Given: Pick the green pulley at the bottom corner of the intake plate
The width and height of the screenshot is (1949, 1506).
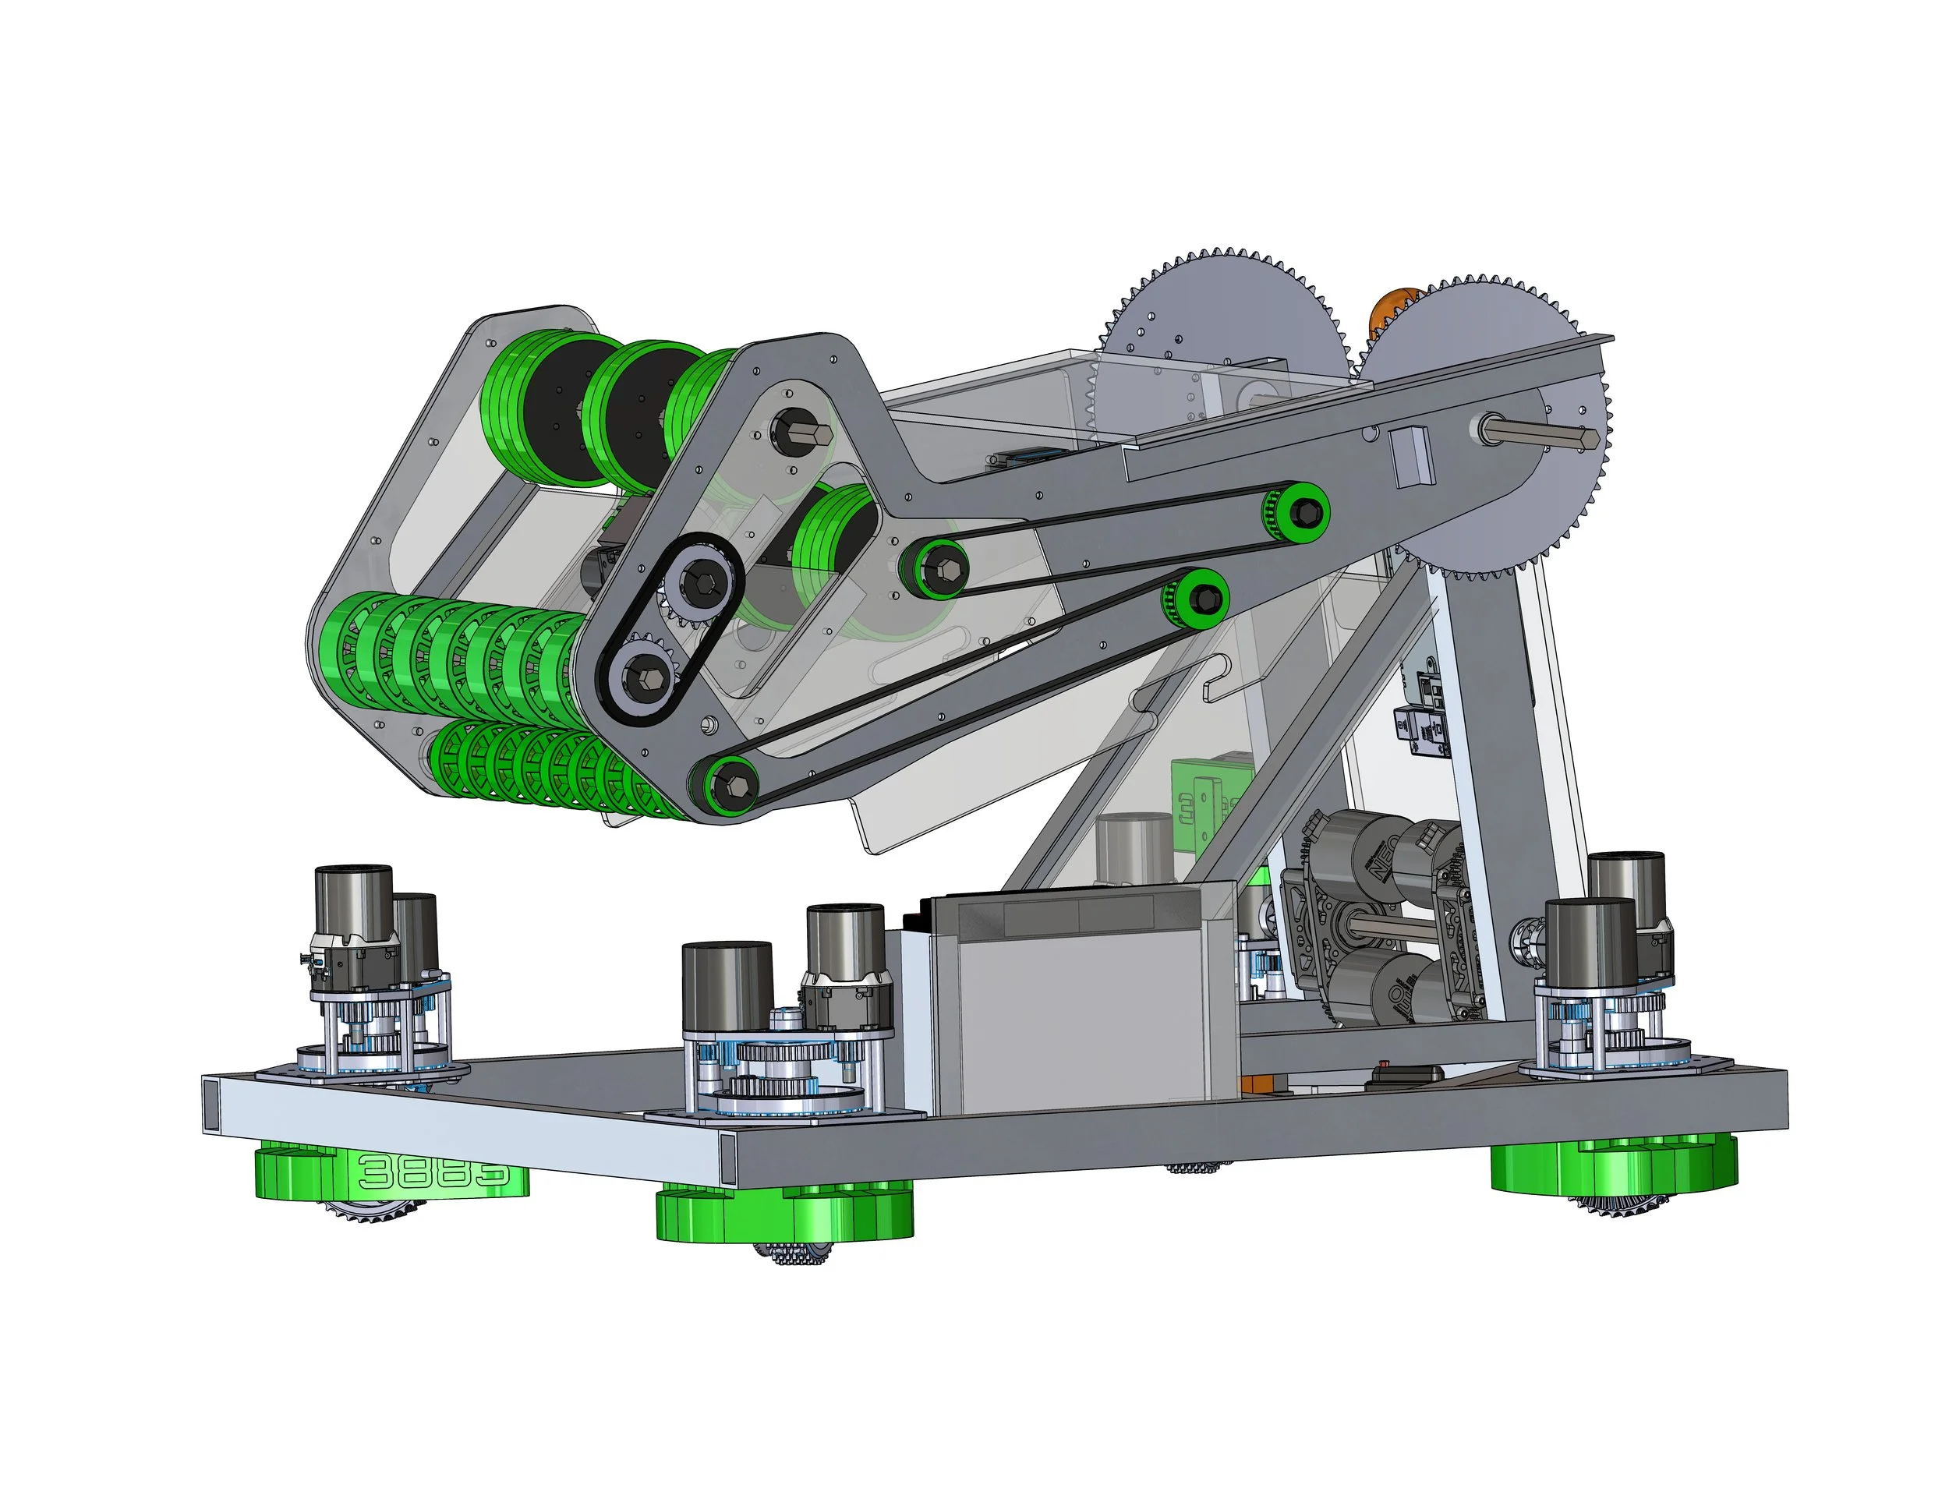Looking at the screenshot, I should coord(723,786).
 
